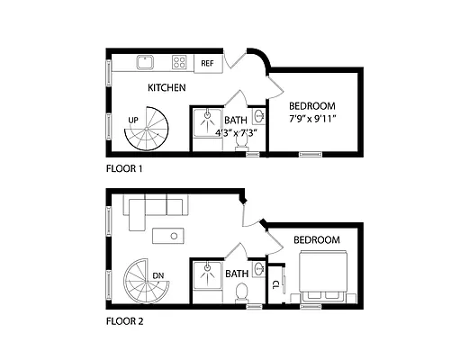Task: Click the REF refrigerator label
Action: [207, 63]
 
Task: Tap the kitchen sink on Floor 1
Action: [144, 62]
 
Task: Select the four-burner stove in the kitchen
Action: [180, 62]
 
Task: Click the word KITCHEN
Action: [167, 88]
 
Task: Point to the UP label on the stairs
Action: [133, 120]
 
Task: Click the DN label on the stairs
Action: [158, 275]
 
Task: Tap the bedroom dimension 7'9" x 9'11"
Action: [312, 118]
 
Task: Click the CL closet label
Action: [275, 283]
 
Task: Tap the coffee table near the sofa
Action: [167, 236]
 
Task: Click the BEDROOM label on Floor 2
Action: [316, 240]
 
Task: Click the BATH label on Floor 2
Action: [237, 274]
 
